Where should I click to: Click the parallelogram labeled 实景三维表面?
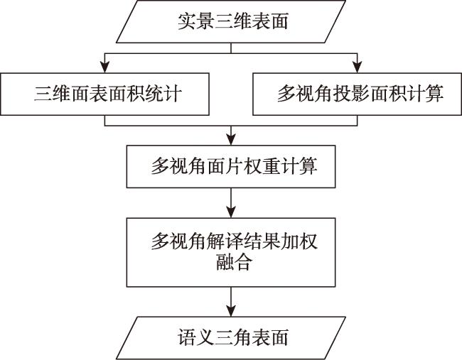[231, 21]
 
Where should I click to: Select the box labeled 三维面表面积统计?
[104, 94]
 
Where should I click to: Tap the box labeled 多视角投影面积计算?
[357, 94]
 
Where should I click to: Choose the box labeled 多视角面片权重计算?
[231, 166]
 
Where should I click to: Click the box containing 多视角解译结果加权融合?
[231, 252]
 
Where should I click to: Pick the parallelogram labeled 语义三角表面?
[231, 338]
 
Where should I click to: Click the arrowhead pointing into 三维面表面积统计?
[105, 67]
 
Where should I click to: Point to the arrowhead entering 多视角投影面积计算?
[357, 67]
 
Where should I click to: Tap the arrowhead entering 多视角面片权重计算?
[231, 140]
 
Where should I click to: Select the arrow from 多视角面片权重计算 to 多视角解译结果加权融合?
[231, 203]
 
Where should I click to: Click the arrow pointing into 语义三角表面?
[231, 302]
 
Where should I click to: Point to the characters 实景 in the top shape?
[195, 21]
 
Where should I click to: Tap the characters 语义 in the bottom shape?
[195, 337]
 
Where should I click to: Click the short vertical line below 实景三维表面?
[231, 48]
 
